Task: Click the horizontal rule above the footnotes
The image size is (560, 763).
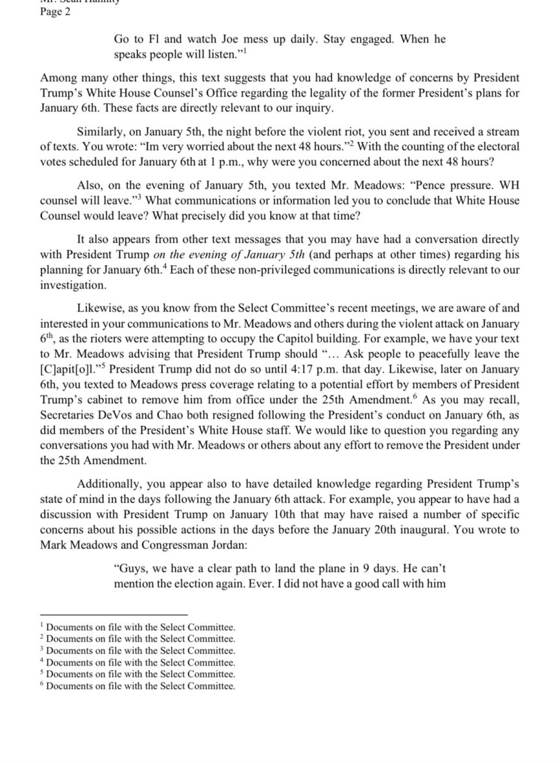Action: (x=113, y=614)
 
